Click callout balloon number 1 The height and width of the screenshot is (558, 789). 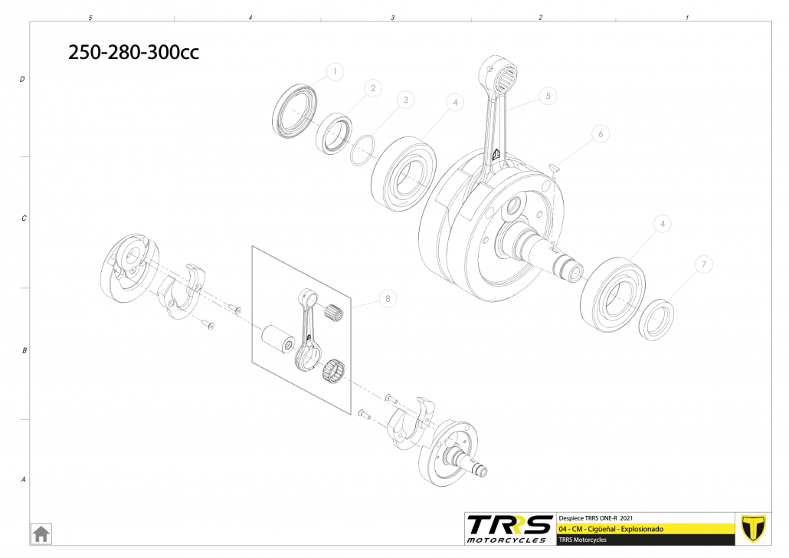click(335, 71)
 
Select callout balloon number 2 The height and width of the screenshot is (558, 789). click(373, 88)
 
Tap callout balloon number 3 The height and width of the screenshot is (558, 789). click(405, 100)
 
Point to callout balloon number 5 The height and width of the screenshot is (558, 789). click(548, 96)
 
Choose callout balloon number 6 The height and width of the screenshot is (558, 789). click(601, 134)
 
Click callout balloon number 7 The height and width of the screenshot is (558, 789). click(703, 264)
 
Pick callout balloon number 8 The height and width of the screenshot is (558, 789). click(388, 299)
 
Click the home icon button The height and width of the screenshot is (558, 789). click(41, 533)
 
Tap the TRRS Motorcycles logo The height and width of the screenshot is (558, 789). click(509, 529)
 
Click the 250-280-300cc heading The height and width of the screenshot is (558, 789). click(133, 52)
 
